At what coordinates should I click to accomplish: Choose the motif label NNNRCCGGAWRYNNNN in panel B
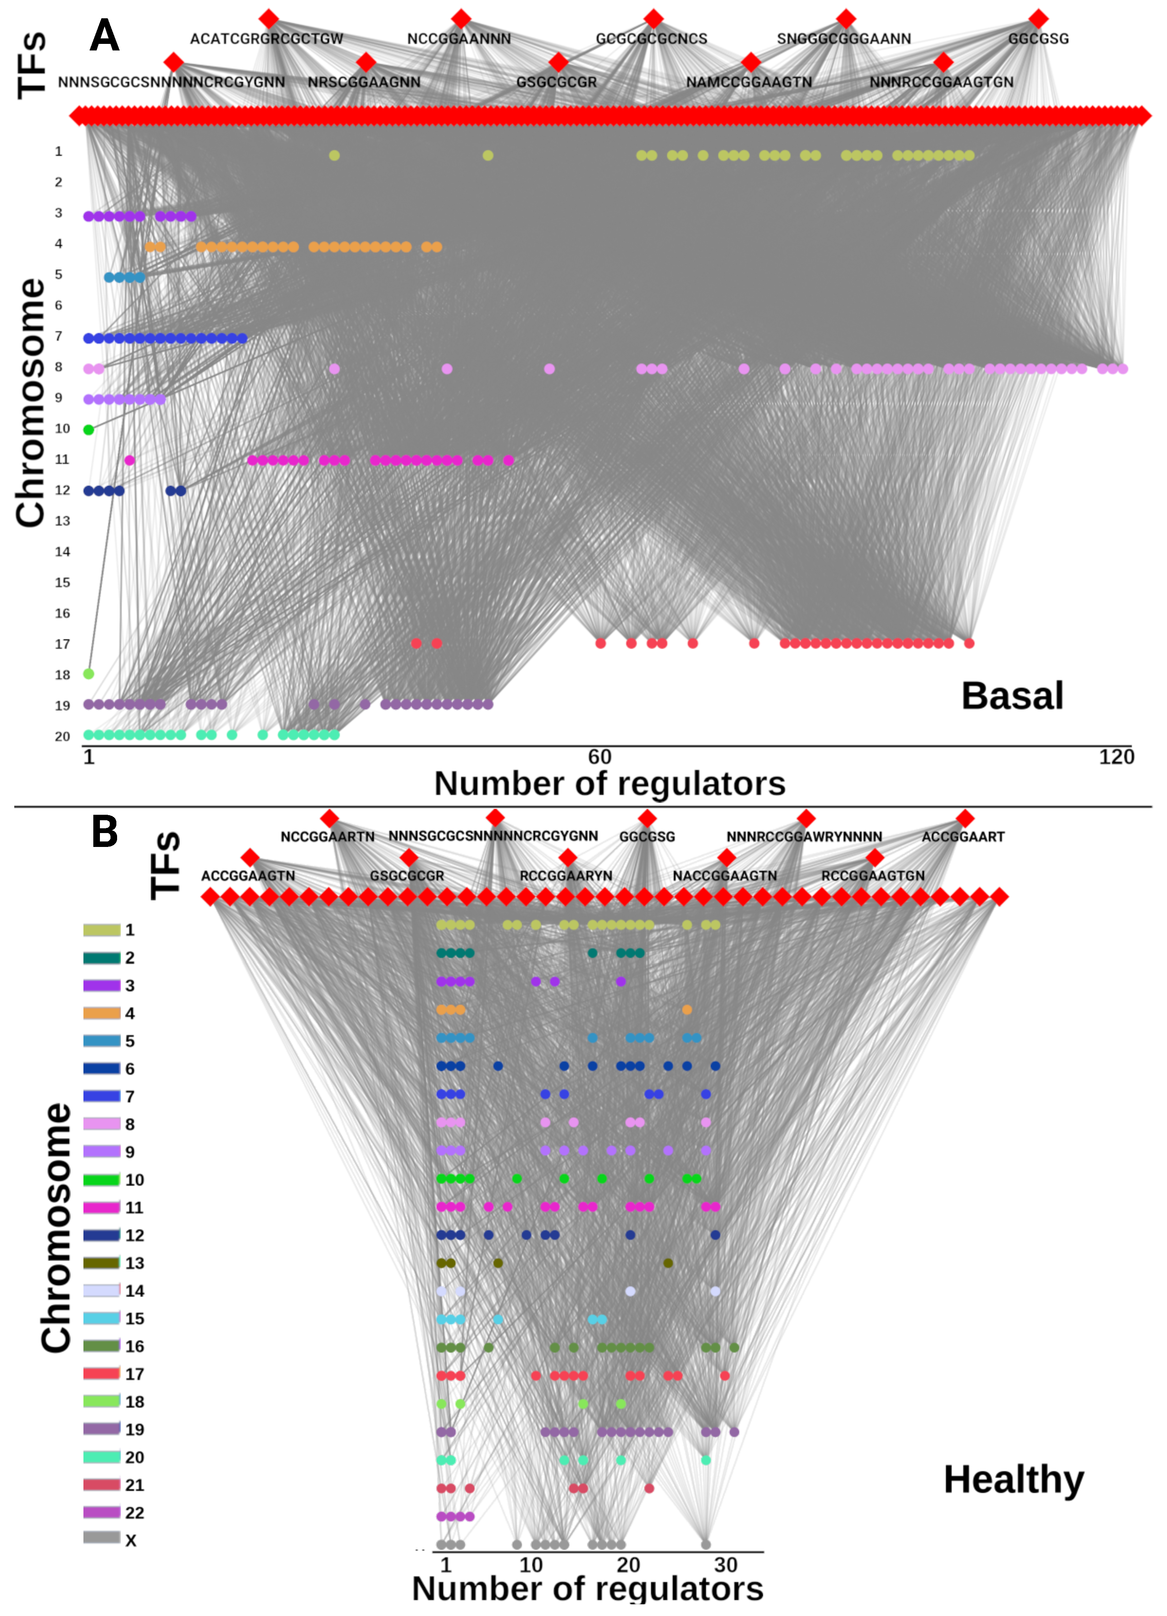click(x=804, y=836)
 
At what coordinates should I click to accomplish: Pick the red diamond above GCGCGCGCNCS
click(x=653, y=19)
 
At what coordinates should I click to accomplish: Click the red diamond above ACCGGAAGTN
click(x=250, y=856)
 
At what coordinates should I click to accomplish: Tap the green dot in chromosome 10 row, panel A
click(x=89, y=430)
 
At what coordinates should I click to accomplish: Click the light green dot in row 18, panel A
click(x=89, y=674)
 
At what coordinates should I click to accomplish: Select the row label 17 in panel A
click(x=63, y=644)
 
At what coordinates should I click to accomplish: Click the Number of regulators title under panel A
click(x=610, y=784)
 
